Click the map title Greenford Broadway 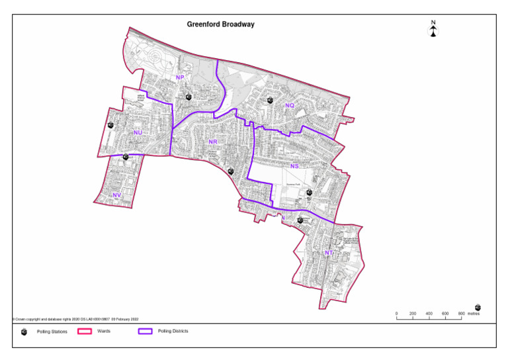pos(221,24)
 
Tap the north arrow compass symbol pos(433,30)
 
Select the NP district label pos(179,78)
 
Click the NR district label pos(212,142)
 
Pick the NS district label pos(294,166)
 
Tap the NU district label pos(138,133)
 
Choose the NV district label pos(116,195)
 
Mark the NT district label pos(329,253)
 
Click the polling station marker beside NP pos(189,97)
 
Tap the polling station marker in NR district pos(231,171)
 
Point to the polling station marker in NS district pos(309,193)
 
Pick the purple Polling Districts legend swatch pos(146,331)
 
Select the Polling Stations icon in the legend pos(24,332)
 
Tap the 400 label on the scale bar pos(429,314)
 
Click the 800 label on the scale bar pos(461,314)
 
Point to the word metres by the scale pos(473,314)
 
